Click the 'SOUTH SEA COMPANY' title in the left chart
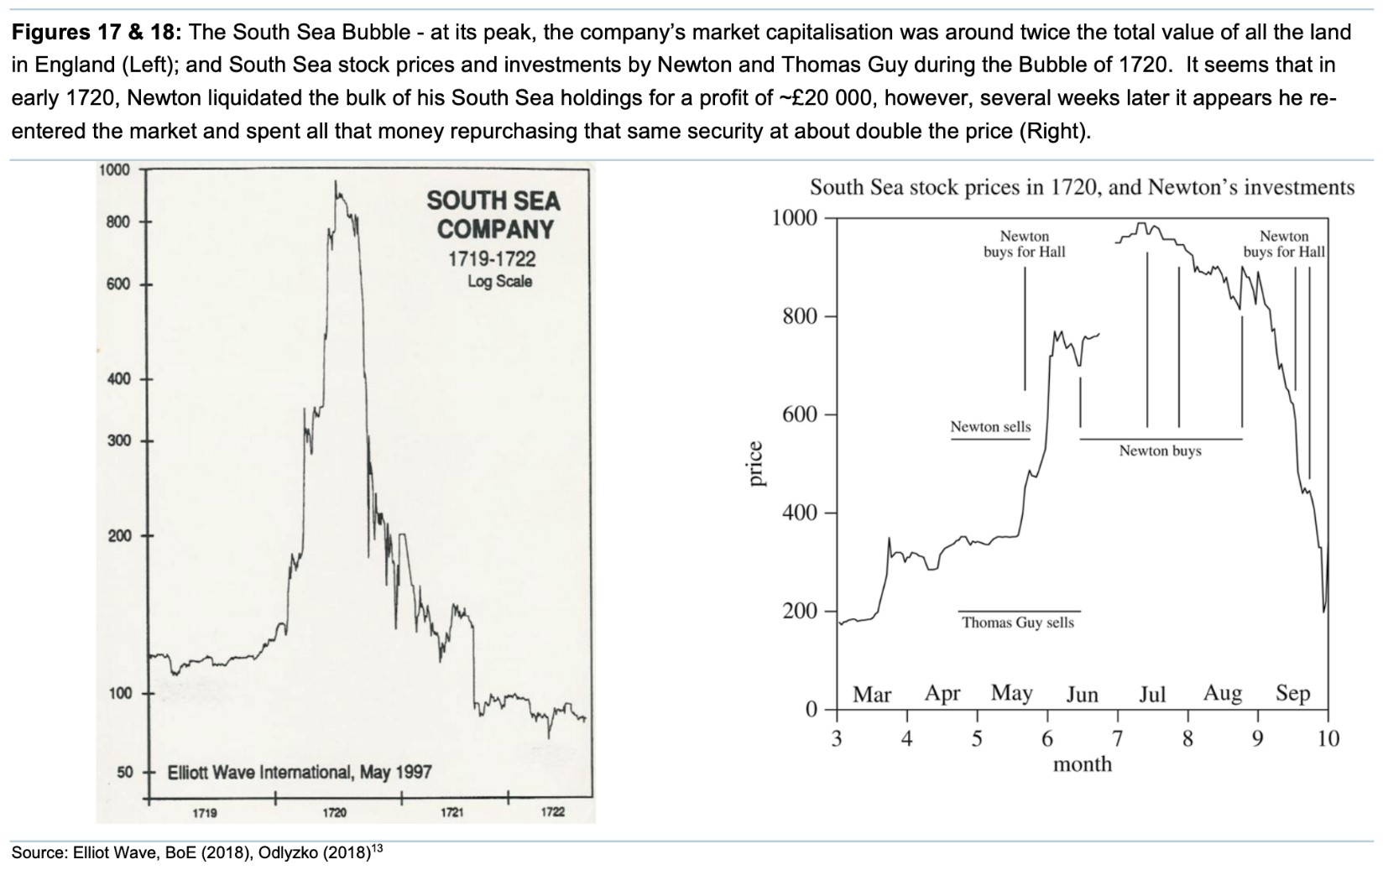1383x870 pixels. (494, 214)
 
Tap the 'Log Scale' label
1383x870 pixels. (499, 282)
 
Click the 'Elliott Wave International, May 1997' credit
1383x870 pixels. (300, 772)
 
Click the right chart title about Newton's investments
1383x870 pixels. (1082, 187)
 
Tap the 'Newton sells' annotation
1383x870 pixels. (990, 427)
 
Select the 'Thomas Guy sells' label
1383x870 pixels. (1018, 623)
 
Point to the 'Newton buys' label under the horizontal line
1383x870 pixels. (1160, 451)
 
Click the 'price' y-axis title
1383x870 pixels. (756, 464)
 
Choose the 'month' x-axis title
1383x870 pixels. (1082, 764)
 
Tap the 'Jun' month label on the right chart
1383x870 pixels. (1082, 695)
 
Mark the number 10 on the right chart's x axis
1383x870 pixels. (1328, 739)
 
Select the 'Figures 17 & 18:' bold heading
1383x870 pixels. (97, 34)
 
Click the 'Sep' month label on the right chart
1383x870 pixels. (1292, 695)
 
